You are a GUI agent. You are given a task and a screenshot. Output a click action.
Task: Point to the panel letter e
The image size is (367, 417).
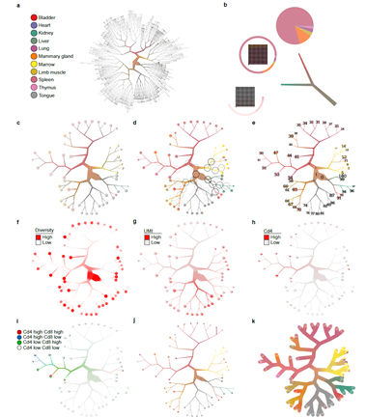tap(249, 122)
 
